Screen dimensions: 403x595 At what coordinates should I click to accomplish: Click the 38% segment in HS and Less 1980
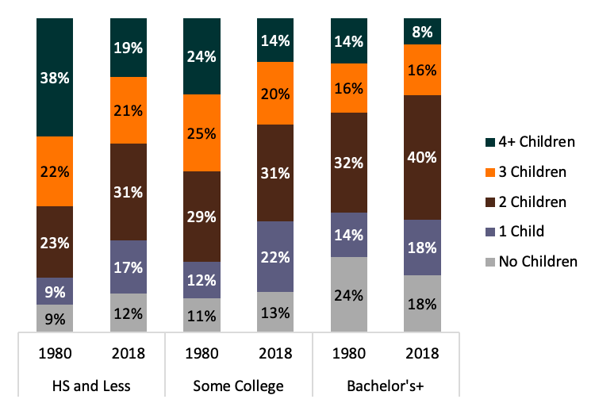click(x=55, y=77)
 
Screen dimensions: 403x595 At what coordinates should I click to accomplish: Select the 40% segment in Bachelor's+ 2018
click(x=422, y=157)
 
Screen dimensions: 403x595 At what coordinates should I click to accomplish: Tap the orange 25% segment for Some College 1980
click(x=202, y=132)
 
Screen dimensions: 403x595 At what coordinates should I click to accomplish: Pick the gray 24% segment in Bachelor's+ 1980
click(x=349, y=294)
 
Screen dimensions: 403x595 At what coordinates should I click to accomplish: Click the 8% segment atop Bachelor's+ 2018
click(x=422, y=31)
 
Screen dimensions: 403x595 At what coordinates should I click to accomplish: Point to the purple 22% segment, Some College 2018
click(x=275, y=256)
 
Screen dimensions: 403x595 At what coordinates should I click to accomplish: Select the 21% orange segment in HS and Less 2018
click(x=128, y=110)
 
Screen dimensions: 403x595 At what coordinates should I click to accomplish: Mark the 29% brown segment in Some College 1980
click(x=202, y=216)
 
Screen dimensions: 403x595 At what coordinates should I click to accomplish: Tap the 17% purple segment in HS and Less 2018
click(x=128, y=267)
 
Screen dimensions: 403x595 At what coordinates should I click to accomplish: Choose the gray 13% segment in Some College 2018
click(x=275, y=312)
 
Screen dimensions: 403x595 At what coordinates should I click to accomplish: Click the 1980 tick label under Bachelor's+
click(x=349, y=352)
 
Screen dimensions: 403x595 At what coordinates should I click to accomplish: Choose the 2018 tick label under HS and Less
click(x=128, y=352)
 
